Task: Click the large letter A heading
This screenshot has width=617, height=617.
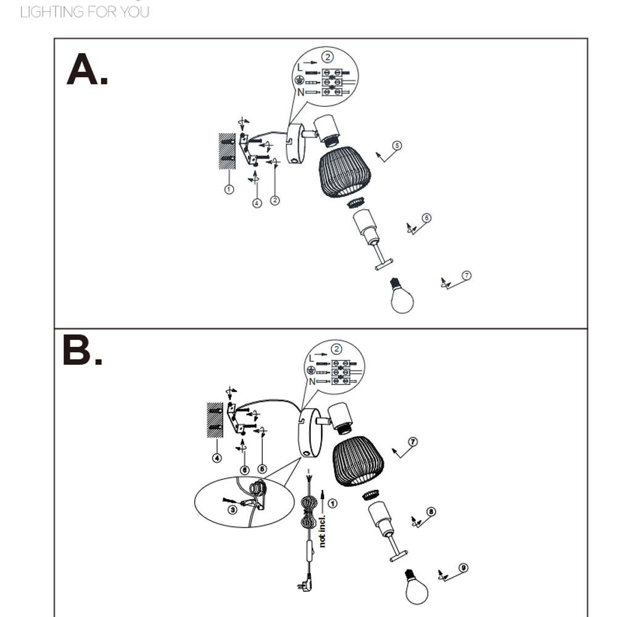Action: (x=86, y=69)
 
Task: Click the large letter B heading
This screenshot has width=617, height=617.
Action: (x=82, y=350)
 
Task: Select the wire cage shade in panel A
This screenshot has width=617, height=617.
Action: (x=345, y=172)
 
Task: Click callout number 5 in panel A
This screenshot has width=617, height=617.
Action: (x=397, y=146)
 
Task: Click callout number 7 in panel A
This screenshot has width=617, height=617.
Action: (x=466, y=275)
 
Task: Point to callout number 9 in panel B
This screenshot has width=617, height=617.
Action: (x=463, y=568)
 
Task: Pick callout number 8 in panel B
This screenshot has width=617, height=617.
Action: (x=431, y=511)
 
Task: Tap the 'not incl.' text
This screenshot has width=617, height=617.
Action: (x=322, y=531)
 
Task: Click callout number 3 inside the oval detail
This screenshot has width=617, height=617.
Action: (x=233, y=510)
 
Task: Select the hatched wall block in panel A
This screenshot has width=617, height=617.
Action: (x=227, y=151)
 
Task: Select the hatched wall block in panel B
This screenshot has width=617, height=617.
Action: (x=215, y=420)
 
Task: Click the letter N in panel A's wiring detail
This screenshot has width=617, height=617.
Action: (x=300, y=92)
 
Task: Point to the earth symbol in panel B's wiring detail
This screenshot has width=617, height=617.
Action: (x=310, y=370)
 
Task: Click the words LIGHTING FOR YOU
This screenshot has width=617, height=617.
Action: (x=85, y=12)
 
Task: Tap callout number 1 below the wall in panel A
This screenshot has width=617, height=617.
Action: (x=229, y=189)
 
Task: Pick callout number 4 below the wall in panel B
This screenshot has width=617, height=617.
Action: (x=217, y=458)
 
